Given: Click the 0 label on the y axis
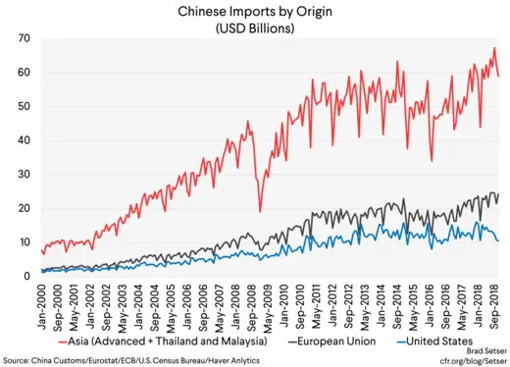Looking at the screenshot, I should coord(26,277).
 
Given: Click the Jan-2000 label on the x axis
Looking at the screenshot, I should coord(40,303).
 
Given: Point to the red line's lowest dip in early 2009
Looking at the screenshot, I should coord(260,211).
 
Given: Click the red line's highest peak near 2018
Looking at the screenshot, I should coord(494,48).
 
